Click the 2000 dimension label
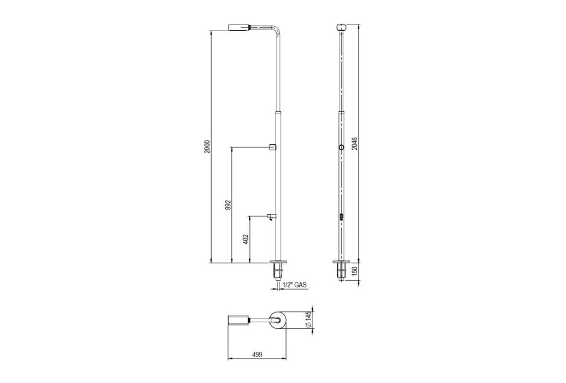pyautogui.click(x=207, y=147)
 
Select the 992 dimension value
pyautogui.click(x=228, y=205)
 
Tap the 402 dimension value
pyautogui.click(x=246, y=239)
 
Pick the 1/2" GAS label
pyautogui.click(x=295, y=285)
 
